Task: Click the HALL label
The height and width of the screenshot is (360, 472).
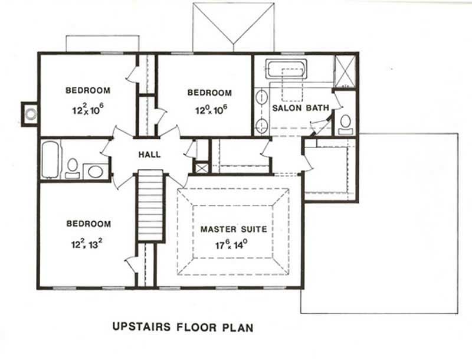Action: click(149, 155)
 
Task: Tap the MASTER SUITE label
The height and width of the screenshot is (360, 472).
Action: click(233, 229)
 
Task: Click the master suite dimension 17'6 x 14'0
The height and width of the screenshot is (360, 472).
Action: click(233, 243)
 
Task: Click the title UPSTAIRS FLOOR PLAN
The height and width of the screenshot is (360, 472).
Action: click(182, 326)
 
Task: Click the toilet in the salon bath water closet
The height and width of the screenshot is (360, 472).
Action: click(345, 123)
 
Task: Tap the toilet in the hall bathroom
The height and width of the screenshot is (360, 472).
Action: click(73, 167)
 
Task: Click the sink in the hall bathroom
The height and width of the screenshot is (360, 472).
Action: click(94, 171)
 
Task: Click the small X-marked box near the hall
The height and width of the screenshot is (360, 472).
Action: click(202, 168)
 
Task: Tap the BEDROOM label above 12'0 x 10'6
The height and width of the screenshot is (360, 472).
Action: click(209, 93)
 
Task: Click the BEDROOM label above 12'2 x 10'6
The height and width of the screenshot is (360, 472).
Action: click(88, 90)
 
